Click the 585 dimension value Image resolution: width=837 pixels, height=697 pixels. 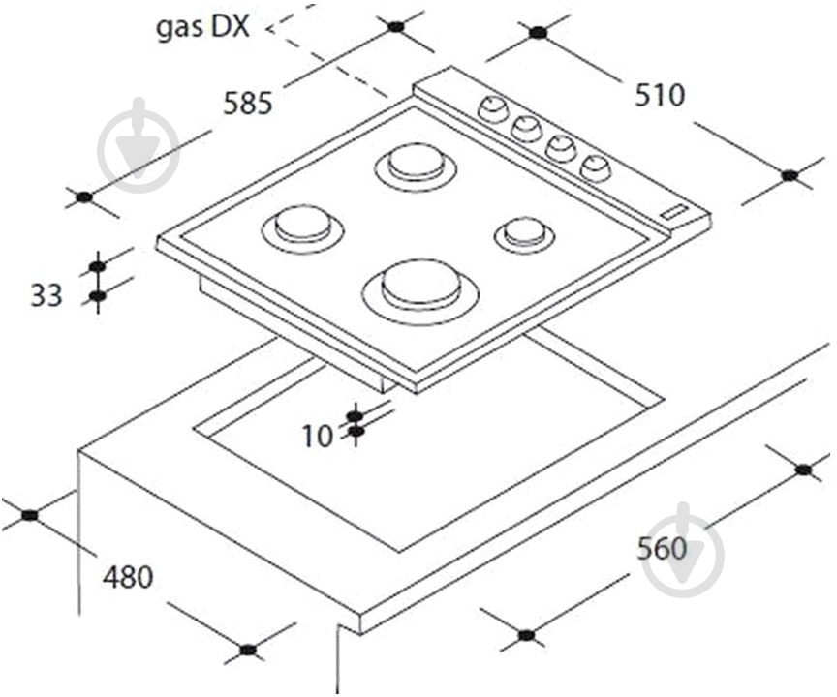(x=248, y=103)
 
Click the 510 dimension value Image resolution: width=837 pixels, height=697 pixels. (x=660, y=96)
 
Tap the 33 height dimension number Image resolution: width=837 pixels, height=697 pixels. (x=46, y=295)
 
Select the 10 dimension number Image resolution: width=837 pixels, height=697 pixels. (x=318, y=437)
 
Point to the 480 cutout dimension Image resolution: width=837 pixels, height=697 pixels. (x=128, y=577)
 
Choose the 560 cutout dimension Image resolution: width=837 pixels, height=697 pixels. (x=662, y=548)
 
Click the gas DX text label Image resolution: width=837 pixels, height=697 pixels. (x=202, y=27)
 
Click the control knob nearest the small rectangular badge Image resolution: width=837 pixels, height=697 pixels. (x=595, y=167)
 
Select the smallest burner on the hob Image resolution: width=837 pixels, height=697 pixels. (x=524, y=233)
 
